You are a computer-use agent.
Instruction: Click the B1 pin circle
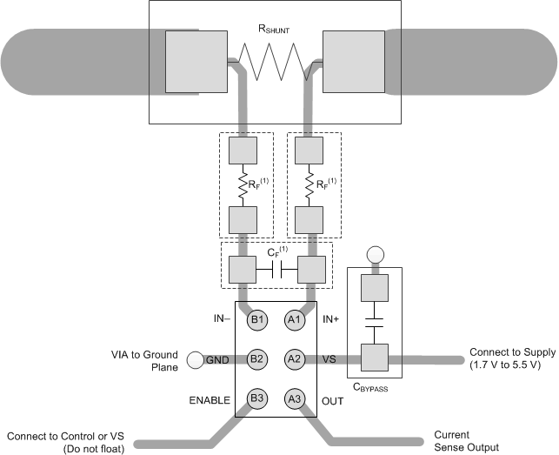coord(257,319)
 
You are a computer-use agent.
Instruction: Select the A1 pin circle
coord(295,319)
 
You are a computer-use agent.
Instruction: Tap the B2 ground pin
coord(257,358)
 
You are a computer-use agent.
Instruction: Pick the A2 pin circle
coord(295,358)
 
